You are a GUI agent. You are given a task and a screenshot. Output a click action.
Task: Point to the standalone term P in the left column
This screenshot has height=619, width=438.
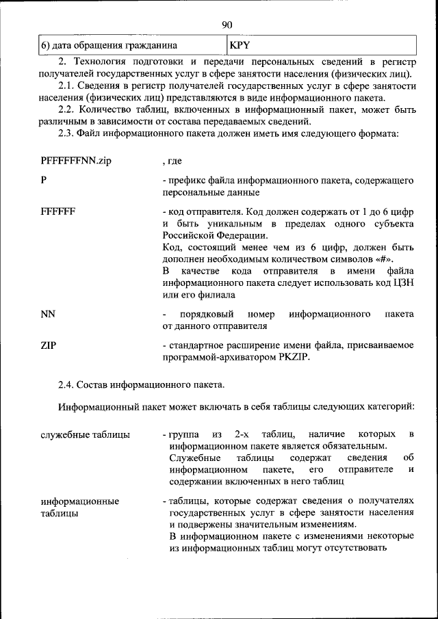click(x=44, y=181)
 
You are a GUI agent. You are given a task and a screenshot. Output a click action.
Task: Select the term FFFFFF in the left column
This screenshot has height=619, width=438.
click(x=58, y=211)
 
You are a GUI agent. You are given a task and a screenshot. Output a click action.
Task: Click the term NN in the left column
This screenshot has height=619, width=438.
click(x=48, y=314)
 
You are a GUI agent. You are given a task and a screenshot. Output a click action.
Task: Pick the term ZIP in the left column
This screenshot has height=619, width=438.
click(x=49, y=345)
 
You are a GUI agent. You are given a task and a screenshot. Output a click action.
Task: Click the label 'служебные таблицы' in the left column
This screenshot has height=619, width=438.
click(x=86, y=434)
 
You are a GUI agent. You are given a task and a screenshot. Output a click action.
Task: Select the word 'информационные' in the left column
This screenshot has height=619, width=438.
click(x=80, y=501)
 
